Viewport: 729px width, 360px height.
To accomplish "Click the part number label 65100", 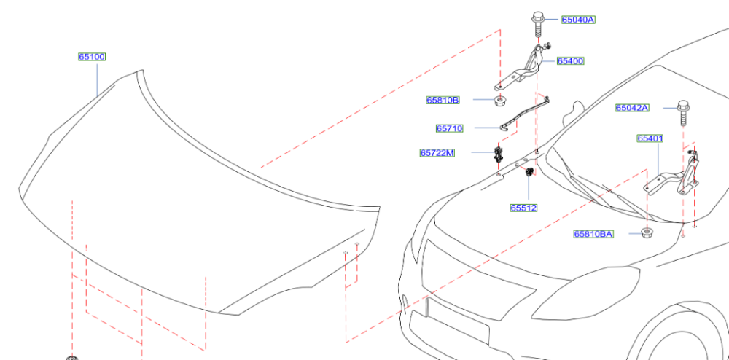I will point(93,57).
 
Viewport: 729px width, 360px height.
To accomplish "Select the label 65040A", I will point(578,20).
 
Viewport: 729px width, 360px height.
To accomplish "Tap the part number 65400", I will point(571,61).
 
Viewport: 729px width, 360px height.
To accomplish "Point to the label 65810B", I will point(443,100).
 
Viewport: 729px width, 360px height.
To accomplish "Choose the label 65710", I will point(449,128).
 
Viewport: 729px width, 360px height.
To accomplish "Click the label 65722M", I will point(437,153).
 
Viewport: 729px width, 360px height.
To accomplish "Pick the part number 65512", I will point(523,208).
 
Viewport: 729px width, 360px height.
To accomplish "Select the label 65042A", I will point(632,108).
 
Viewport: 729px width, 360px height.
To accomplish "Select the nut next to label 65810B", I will point(499,101).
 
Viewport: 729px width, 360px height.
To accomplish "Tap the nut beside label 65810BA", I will point(646,233).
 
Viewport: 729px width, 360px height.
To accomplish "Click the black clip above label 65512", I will point(528,173).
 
